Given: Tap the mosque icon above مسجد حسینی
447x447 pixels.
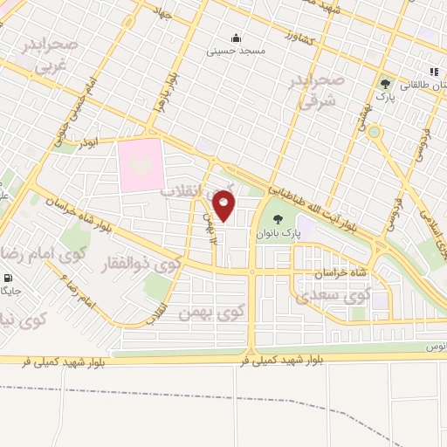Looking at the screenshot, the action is pyautogui.click(x=236, y=38).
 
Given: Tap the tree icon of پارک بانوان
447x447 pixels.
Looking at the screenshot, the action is pyautogui.click(x=278, y=219).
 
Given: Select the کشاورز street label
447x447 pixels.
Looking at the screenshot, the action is pyautogui.click(x=299, y=38).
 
